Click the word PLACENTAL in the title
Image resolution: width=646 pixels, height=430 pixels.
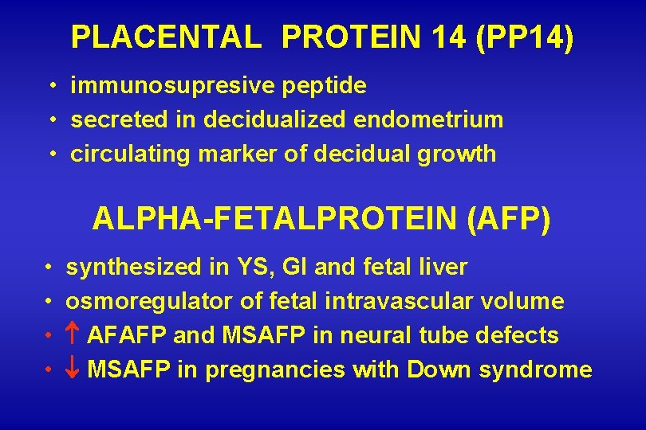[166, 37]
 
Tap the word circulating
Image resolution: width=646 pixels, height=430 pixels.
[124, 154]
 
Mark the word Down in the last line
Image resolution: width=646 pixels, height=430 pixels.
[435, 370]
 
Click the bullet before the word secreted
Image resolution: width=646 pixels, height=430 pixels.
[50, 119]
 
